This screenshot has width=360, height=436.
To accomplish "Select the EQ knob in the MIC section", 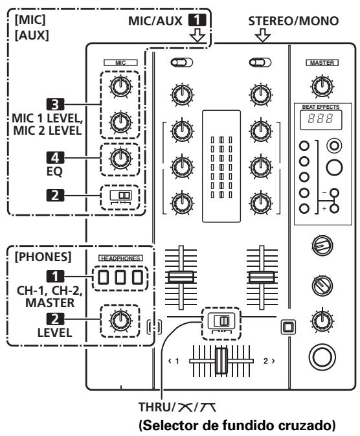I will [119, 157].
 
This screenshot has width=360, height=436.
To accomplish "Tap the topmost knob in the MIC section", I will [119, 85].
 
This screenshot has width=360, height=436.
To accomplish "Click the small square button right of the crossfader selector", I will [286, 324].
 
